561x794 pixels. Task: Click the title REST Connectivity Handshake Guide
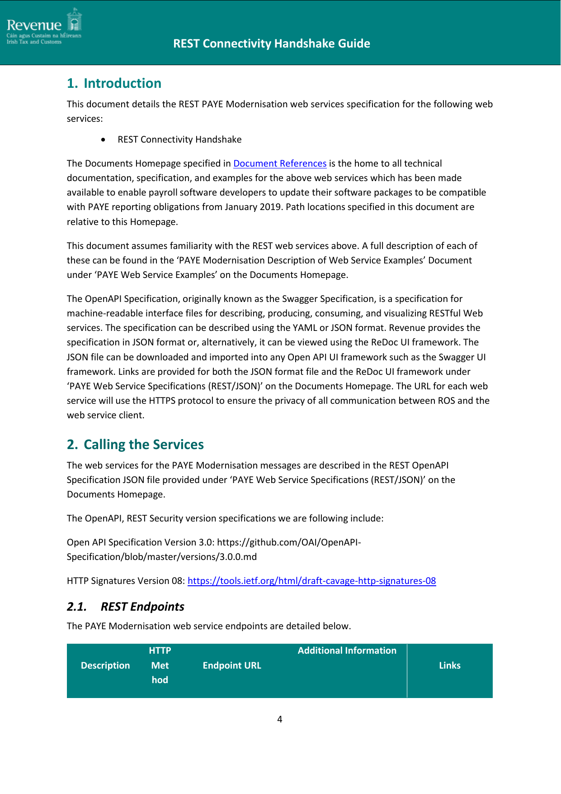click(x=271, y=43)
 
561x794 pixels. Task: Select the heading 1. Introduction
click(x=114, y=83)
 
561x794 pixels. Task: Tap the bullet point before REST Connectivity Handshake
click(x=104, y=140)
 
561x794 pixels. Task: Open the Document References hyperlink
click(x=280, y=163)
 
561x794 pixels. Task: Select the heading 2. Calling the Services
click(x=135, y=445)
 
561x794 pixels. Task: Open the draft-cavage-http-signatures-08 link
click(x=311, y=581)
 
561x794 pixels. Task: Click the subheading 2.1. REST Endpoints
click(x=125, y=607)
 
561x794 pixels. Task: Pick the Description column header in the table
click(x=105, y=665)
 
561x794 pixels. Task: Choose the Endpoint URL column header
click(x=232, y=665)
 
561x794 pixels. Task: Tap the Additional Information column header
click(x=347, y=651)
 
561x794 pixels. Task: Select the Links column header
click(x=449, y=665)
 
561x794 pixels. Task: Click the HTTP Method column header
click(x=160, y=665)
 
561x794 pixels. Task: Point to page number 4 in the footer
click(x=280, y=719)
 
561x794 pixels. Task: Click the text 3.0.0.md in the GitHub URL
click(x=238, y=557)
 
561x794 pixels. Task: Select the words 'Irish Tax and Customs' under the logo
click(x=34, y=42)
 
